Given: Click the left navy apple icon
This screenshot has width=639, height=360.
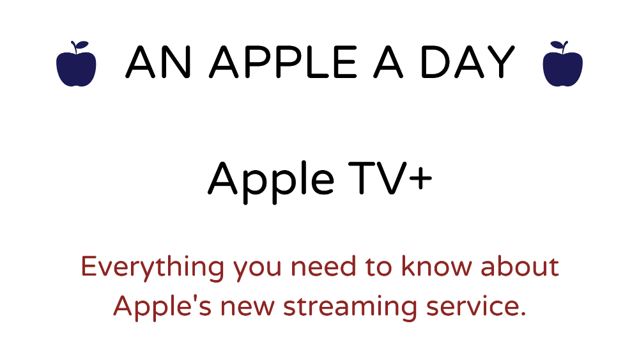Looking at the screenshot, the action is pyautogui.click(x=76, y=65).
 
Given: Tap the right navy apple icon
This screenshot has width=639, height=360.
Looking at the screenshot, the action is pyautogui.click(x=563, y=65).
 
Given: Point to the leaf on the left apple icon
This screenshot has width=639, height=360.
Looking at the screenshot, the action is pyautogui.click(x=82, y=44).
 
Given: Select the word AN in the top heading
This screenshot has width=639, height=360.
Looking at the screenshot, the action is pyautogui.click(x=158, y=62).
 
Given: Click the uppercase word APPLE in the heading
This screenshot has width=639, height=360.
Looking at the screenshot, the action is pyautogui.click(x=283, y=62).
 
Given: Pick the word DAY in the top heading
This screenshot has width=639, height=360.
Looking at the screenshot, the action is pyautogui.click(x=467, y=62).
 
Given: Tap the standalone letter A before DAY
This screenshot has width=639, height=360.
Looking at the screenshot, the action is pyautogui.click(x=389, y=62).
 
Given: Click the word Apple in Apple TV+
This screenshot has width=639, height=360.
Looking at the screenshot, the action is pyautogui.click(x=271, y=180).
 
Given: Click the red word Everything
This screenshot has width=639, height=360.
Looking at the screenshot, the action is pyautogui.click(x=153, y=268).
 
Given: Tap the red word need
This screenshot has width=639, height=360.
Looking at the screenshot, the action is pyautogui.click(x=323, y=267).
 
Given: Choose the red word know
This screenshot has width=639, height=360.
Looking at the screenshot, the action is pyautogui.click(x=436, y=267).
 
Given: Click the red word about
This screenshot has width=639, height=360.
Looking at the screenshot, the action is pyautogui.click(x=520, y=267).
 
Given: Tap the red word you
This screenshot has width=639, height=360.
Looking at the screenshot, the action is pyautogui.click(x=257, y=270).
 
